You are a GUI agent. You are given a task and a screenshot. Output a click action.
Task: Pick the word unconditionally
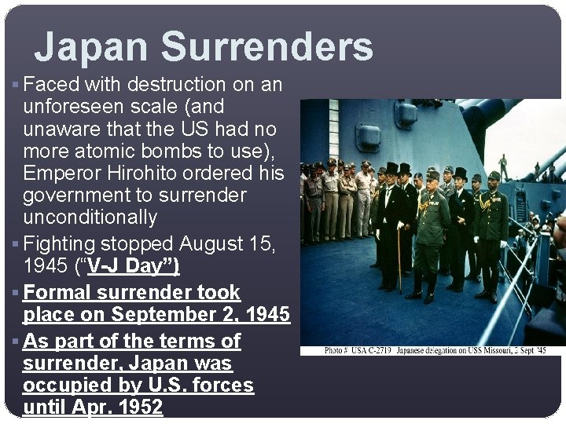tap(90, 217)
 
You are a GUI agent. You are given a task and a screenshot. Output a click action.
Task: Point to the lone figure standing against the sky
tap(504, 167)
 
